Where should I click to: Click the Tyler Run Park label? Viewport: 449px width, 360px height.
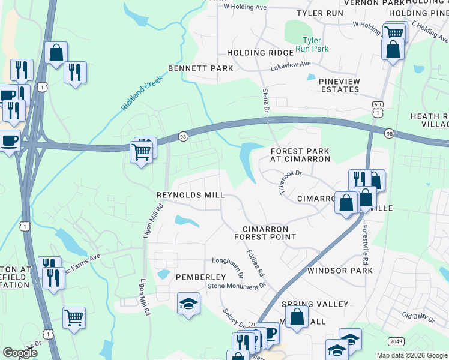315,44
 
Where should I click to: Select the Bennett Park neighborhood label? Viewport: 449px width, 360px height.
200,68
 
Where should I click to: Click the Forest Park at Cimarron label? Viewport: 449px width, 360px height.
300,155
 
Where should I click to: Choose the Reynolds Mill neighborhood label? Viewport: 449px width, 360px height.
190,195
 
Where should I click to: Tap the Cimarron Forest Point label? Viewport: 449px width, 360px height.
265,233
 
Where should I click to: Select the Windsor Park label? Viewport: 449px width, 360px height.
340,271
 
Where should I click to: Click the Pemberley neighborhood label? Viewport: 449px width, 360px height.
200,277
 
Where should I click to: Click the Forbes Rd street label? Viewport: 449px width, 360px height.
256,262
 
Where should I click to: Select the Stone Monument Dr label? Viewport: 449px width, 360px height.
236,286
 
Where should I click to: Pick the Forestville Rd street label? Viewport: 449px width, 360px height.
364,243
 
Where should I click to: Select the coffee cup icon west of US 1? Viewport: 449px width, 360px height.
10,140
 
